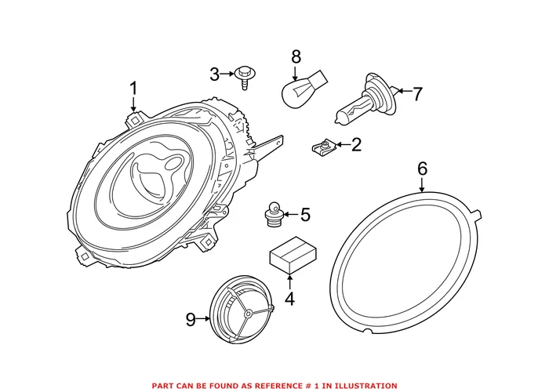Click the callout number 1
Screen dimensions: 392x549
click(x=133, y=88)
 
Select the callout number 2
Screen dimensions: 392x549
click(x=356, y=144)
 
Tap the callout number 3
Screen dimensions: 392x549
click(x=215, y=74)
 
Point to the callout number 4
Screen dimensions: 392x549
click(x=289, y=298)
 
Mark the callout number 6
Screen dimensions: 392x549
click(x=422, y=167)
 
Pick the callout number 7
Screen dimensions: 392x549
click(x=417, y=95)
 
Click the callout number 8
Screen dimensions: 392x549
click(x=296, y=56)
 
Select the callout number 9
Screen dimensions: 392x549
click(x=191, y=319)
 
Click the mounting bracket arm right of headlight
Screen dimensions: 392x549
click(x=267, y=146)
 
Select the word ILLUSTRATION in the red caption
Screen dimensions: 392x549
click(x=361, y=385)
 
